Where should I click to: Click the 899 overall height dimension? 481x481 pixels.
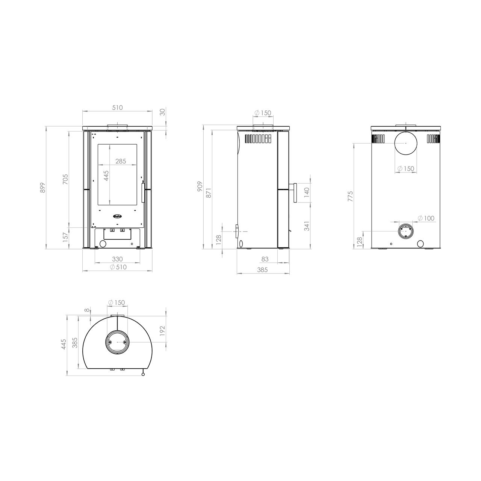[43, 188]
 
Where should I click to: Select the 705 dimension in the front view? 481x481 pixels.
[65, 179]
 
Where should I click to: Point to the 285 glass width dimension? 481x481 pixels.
[121, 161]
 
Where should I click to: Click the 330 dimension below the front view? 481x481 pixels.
[117, 259]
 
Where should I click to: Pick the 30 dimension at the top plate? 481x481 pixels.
[162, 112]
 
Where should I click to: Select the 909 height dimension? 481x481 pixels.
[200, 186]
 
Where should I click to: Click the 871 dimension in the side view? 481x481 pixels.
[209, 193]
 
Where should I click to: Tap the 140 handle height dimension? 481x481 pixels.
[307, 192]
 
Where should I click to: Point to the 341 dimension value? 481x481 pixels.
[307, 226]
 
